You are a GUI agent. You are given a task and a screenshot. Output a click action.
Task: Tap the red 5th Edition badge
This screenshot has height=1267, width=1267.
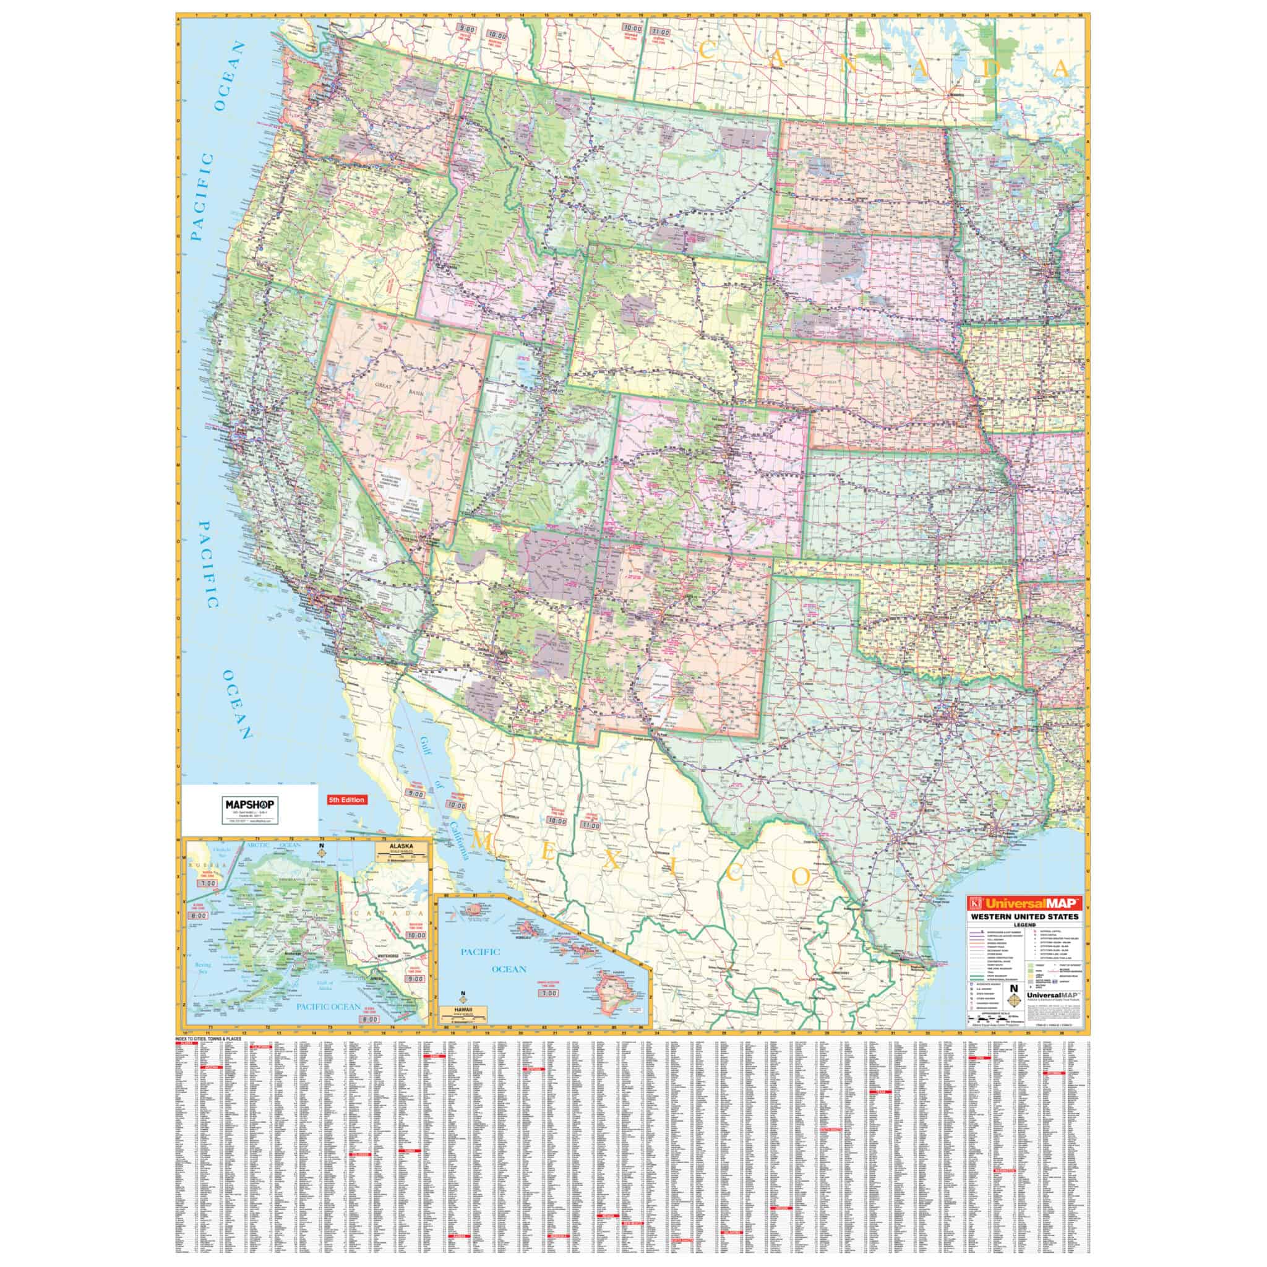[346, 800]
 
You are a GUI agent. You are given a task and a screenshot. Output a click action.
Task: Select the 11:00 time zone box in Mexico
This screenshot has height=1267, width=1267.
[590, 827]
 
